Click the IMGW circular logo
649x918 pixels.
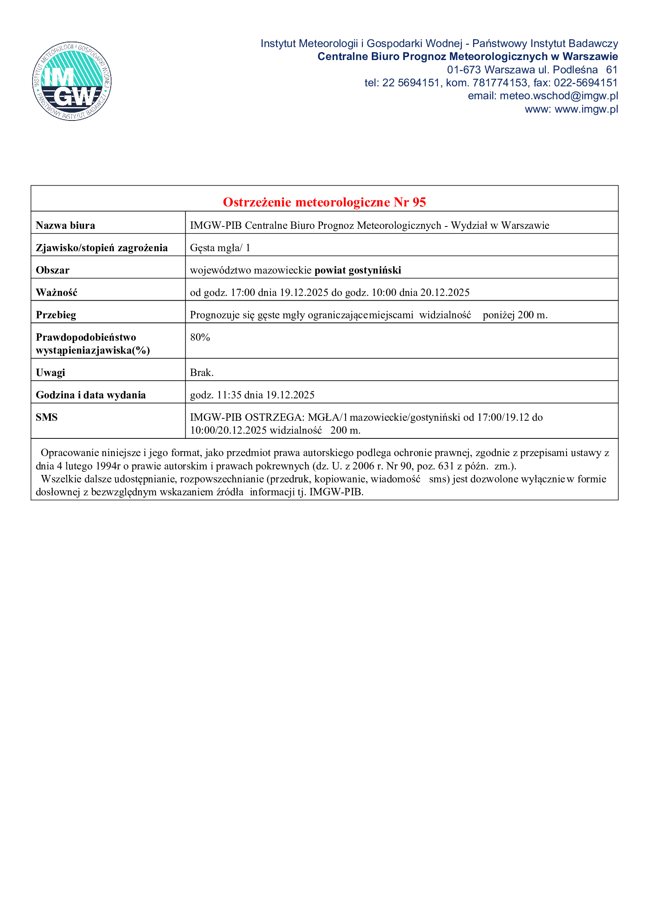click(x=72, y=81)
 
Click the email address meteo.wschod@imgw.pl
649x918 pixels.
click(x=559, y=96)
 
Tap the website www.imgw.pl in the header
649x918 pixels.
click(x=586, y=109)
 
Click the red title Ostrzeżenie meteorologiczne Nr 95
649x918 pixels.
click(x=324, y=202)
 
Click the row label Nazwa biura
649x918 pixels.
click(x=66, y=226)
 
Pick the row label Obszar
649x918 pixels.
click(x=53, y=270)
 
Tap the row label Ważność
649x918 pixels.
click(x=57, y=293)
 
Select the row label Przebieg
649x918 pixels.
click(x=56, y=315)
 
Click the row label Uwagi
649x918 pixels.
click(x=50, y=372)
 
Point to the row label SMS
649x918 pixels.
click(x=47, y=418)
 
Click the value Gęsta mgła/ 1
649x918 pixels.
click(x=220, y=248)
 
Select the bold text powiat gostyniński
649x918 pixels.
click(x=358, y=270)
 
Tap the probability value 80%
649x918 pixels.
click(x=200, y=338)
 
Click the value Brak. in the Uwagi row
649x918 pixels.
click(x=202, y=372)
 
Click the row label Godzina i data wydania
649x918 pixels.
click(x=91, y=395)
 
